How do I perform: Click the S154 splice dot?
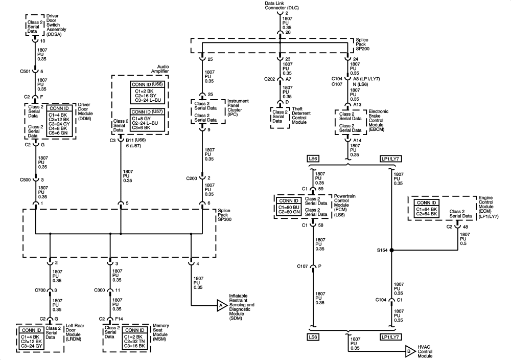[392, 250]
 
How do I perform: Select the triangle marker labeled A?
[222, 306]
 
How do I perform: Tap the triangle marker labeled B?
[410, 351]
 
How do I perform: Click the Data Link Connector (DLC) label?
[282, 6]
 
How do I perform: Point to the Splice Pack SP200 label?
[362, 44]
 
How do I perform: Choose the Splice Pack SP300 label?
[224, 215]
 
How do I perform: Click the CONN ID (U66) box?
[147, 92]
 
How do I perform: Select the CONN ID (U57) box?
[147, 120]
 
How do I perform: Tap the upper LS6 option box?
[313, 159]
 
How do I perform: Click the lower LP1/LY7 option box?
[391, 337]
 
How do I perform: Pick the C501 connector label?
[25, 72]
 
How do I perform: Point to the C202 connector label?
[269, 79]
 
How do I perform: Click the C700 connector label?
[40, 290]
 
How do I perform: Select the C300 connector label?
[100, 290]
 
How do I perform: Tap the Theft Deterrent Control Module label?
[301, 116]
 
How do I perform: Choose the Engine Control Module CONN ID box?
[427, 209]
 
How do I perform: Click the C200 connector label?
[192, 178]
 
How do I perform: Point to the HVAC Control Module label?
[425, 351]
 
